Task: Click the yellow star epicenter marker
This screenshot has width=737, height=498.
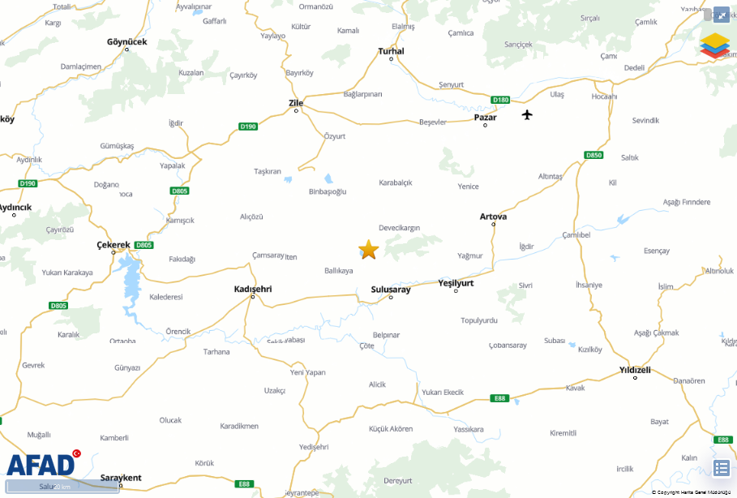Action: coord(368,250)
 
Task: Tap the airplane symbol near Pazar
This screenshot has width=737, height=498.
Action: coord(528,114)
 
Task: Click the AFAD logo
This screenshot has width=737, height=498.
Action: coord(41,463)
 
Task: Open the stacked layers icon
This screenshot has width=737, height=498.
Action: coord(714,45)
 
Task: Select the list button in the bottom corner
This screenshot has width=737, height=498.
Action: coord(721,468)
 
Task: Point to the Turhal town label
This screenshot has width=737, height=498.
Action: coord(391,51)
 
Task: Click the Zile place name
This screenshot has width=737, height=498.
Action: coord(296,103)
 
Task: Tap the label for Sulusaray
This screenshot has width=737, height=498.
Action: coord(391,289)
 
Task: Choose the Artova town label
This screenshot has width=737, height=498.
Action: coord(493,217)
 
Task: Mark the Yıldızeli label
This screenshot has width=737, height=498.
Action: coord(635,370)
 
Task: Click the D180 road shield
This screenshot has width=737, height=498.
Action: coord(501,100)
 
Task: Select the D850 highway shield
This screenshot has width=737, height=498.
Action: coord(594,155)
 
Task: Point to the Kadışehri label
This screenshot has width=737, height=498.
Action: coord(252,289)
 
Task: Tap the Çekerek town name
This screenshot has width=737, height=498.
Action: coord(114,244)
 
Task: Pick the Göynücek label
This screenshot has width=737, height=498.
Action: coord(126,41)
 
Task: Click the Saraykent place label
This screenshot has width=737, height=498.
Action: coord(121,478)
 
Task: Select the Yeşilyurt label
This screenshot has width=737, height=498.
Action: coord(456,283)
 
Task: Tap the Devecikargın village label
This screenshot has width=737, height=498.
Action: coord(400,228)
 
